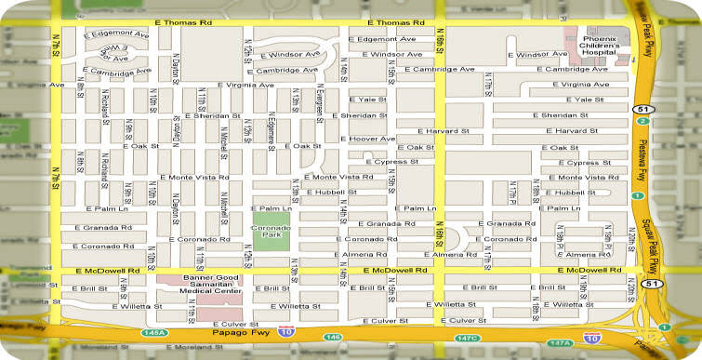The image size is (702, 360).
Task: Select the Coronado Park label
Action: point(271,230)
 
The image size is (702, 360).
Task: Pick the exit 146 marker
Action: point(333,336)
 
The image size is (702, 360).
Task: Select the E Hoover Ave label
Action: point(370,139)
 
